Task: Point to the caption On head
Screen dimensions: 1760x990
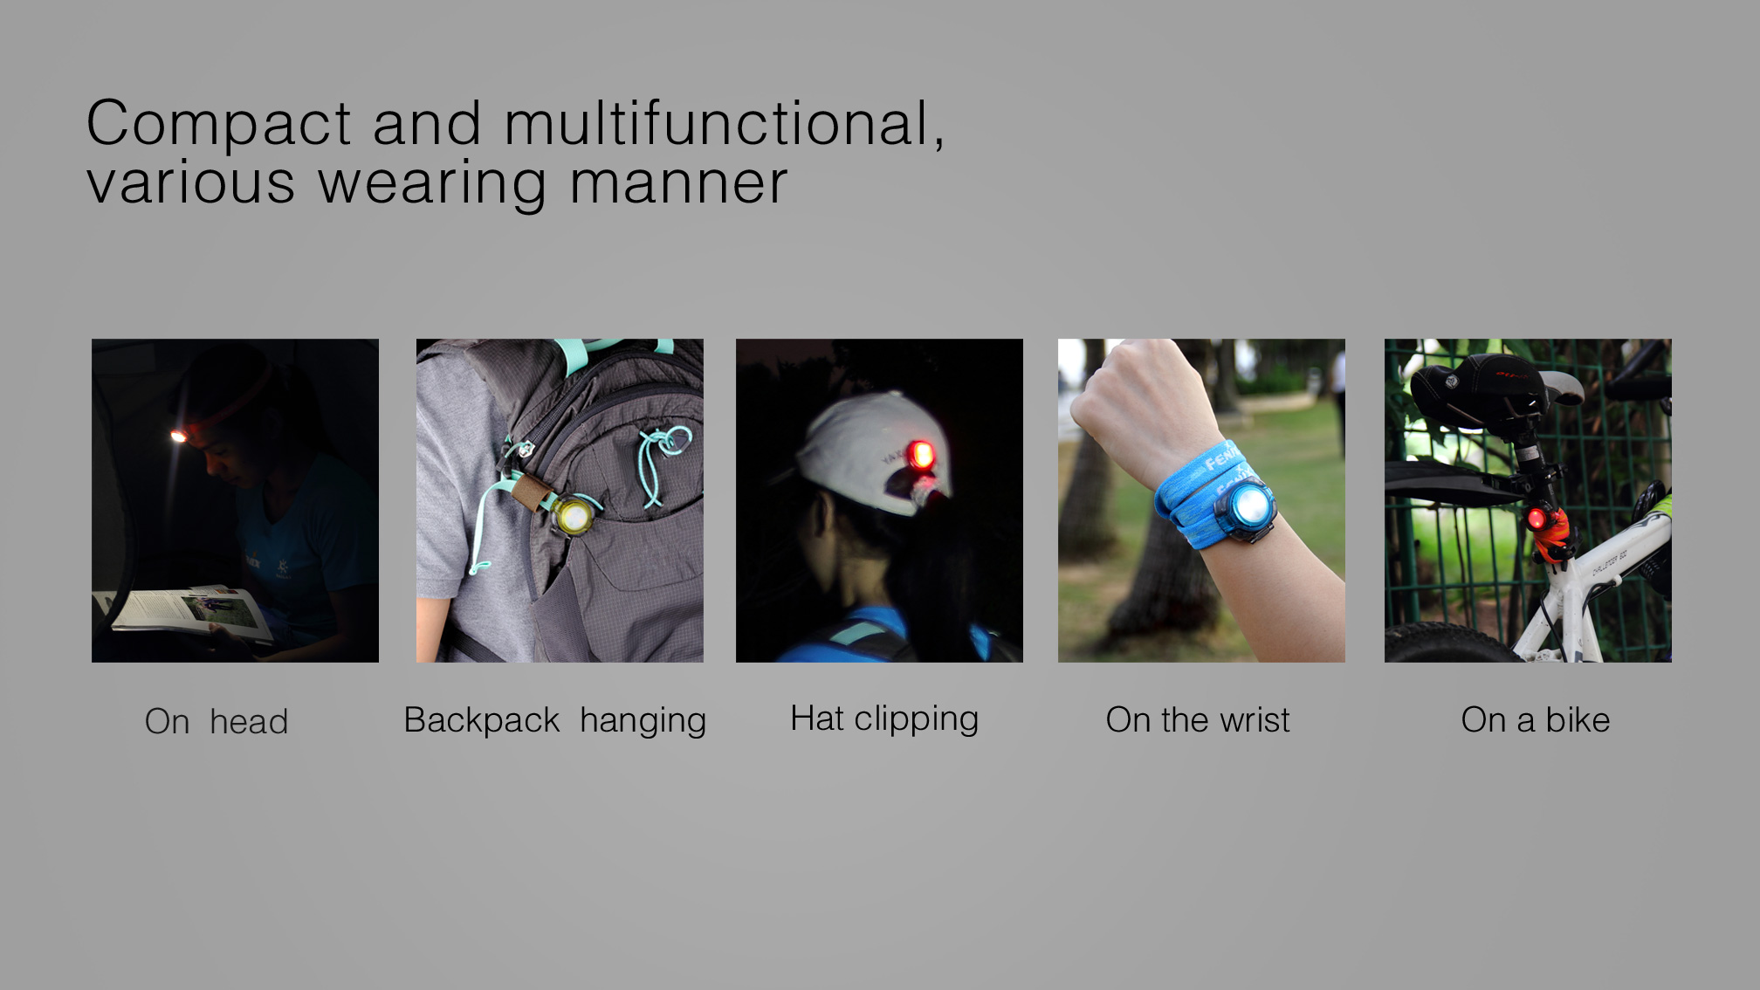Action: click(x=217, y=722)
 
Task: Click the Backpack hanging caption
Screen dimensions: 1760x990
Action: click(x=555, y=721)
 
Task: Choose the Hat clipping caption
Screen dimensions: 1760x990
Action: click(x=884, y=719)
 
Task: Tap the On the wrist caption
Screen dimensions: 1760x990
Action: click(x=1198, y=720)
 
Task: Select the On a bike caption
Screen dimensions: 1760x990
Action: click(x=1536, y=720)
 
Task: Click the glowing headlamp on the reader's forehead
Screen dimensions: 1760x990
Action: click(x=178, y=436)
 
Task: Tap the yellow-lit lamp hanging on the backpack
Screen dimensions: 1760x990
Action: click(x=574, y=516)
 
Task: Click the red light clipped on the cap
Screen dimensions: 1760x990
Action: click(x=919, y=455)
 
